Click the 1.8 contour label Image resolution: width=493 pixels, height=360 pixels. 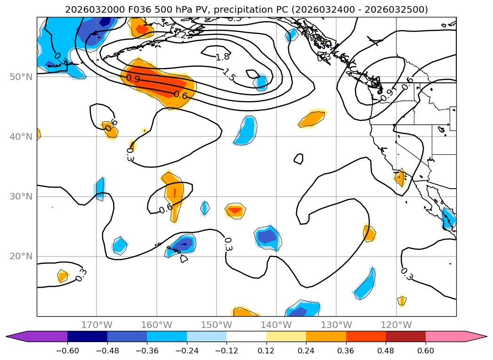[223, 57]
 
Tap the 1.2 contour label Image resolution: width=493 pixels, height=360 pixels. [179, 34]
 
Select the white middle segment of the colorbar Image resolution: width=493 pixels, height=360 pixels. [246, 336]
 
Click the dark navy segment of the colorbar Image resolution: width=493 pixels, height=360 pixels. [87, 336]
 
